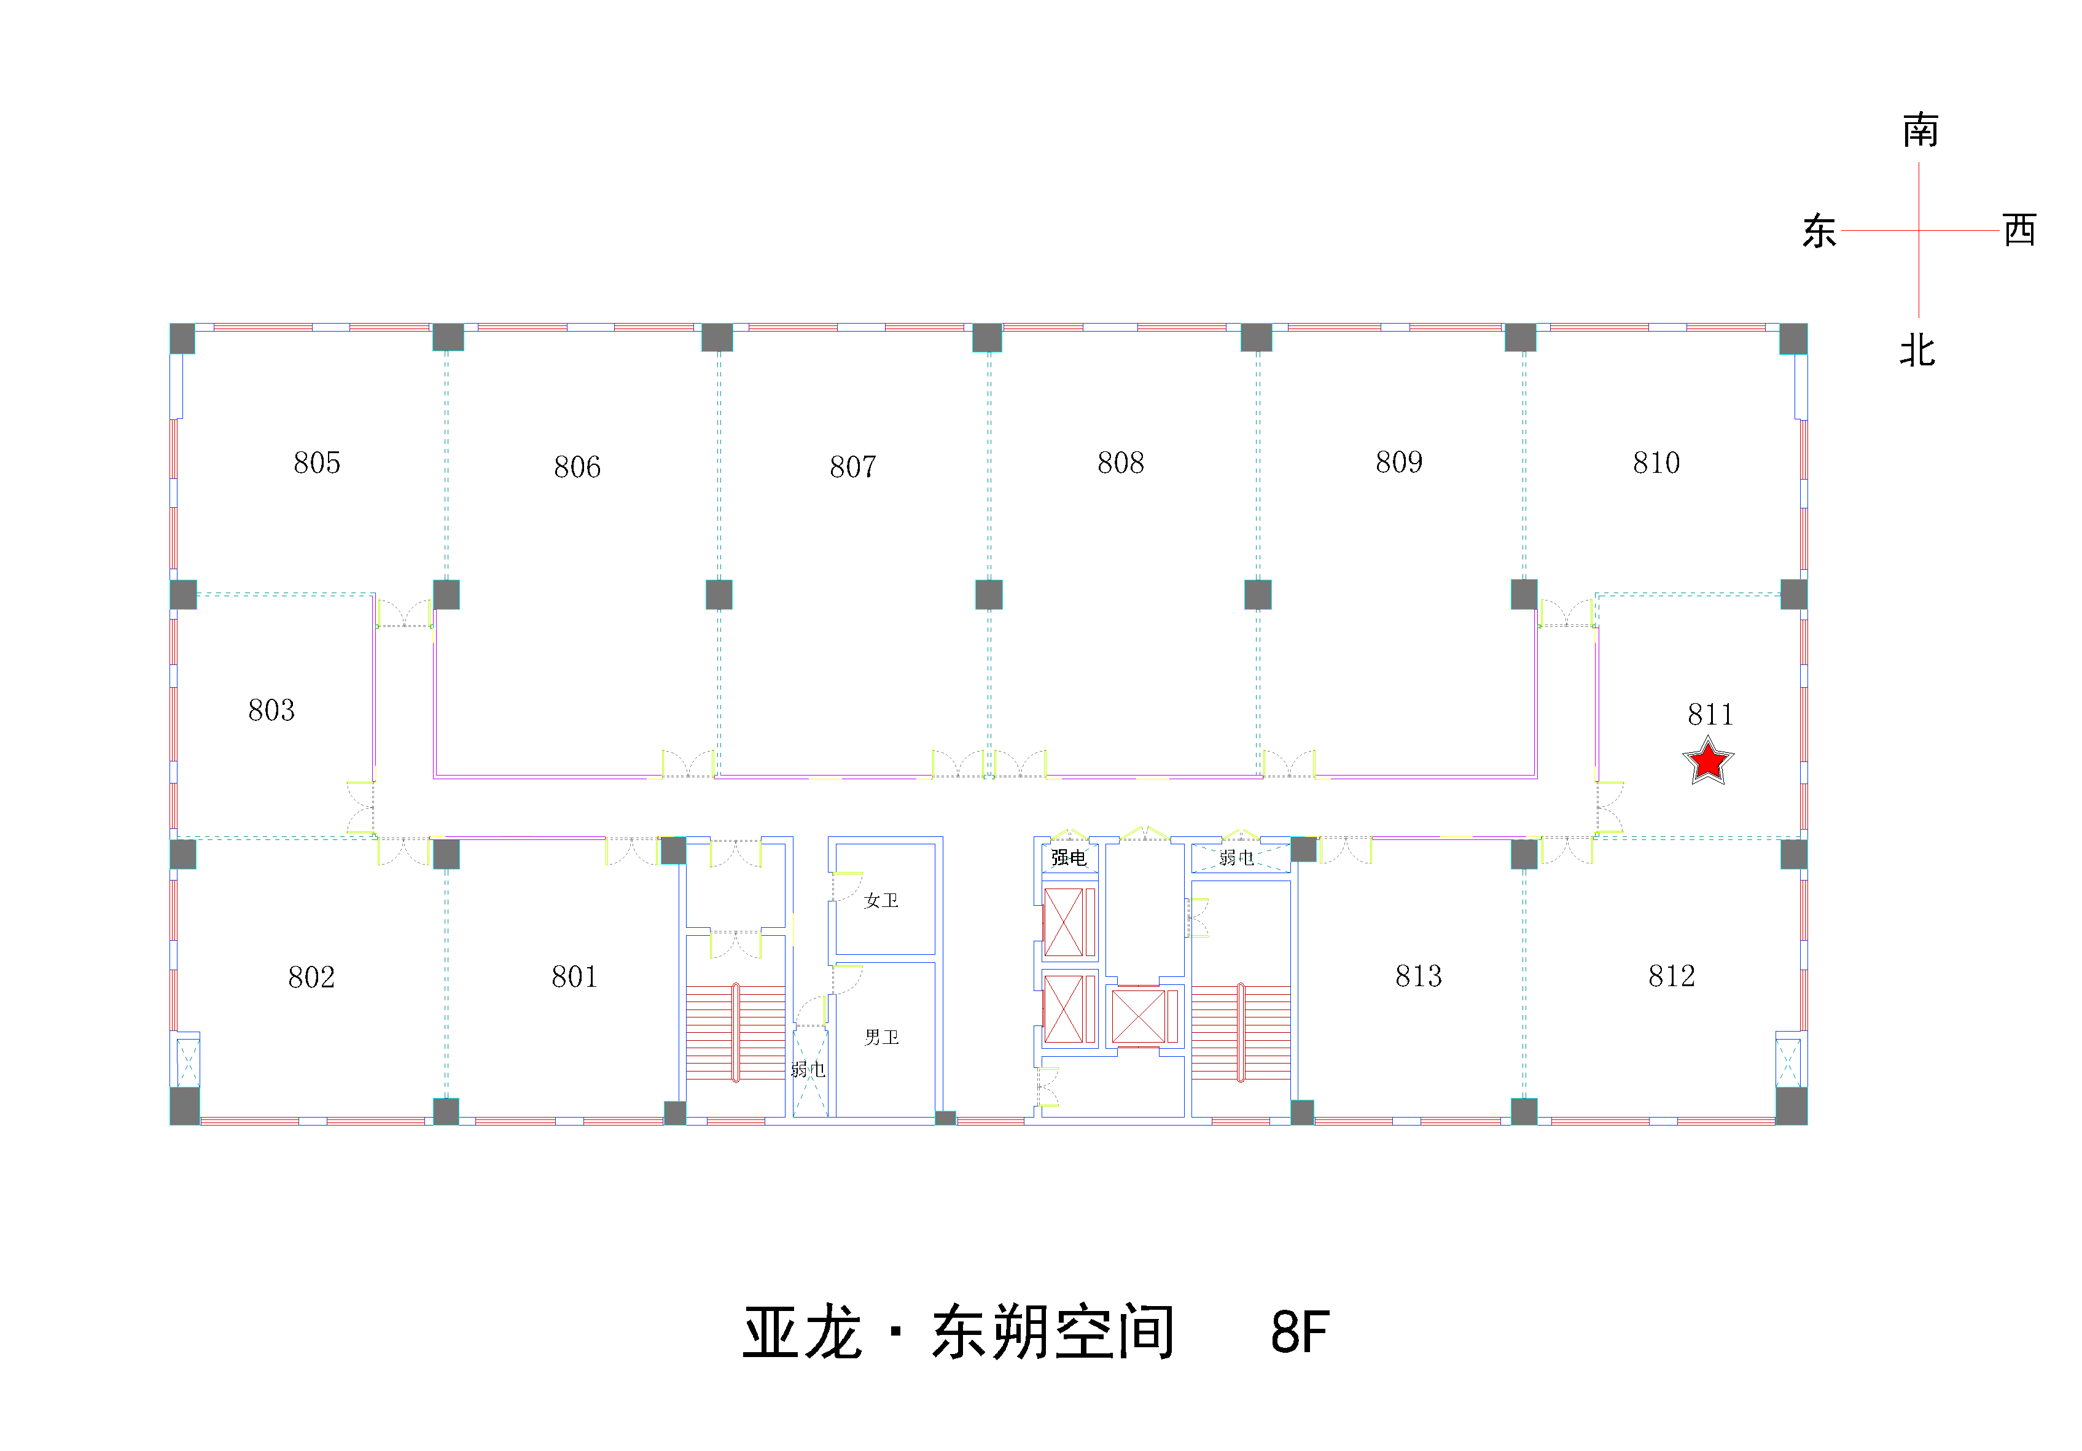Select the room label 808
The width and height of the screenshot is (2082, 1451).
pos(1121,462)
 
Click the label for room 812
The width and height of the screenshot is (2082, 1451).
pos(1671,976)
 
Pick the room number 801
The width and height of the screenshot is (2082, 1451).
pos(575,977)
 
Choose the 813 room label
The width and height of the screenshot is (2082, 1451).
pos(1418,976)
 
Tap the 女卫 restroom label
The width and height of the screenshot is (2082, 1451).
pos(881,901)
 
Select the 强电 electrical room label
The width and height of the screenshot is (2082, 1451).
pos(1068,857)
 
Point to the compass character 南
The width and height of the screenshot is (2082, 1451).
pos(1920,131)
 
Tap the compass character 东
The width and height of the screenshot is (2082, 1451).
pos(1819,231)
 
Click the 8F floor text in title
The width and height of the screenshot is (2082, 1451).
pos(1300,1333)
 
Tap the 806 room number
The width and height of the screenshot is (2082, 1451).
pos(578,467)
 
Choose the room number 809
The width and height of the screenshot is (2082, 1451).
pos(1399,462)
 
